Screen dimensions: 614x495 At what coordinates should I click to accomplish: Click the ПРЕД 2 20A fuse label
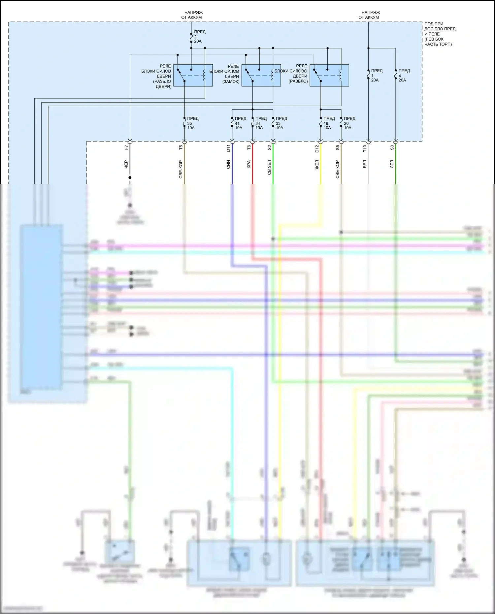199,37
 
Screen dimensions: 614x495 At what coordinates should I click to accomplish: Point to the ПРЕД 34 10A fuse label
260,123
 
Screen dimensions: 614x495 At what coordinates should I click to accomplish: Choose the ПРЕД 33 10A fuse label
281,123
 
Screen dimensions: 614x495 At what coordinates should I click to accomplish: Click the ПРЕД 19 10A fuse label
328,123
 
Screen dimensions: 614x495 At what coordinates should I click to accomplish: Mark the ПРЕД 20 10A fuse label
349,123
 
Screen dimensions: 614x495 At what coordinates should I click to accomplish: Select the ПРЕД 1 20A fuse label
376,75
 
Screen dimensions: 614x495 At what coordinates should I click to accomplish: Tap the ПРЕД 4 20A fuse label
403,75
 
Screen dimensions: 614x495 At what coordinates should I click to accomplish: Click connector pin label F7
126,147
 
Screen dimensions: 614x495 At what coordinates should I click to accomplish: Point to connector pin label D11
228,148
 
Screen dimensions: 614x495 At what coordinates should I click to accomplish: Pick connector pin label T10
365,148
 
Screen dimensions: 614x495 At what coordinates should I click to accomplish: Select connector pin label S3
392,147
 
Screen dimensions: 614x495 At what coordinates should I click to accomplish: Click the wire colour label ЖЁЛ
317,165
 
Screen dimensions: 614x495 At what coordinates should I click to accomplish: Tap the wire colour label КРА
249,164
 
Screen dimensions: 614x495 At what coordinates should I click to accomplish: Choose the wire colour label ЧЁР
126,164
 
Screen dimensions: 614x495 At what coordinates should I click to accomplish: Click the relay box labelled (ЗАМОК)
261,75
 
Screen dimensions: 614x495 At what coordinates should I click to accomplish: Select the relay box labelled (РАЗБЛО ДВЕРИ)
193,75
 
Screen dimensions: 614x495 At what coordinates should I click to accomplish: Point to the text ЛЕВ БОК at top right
435,39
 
